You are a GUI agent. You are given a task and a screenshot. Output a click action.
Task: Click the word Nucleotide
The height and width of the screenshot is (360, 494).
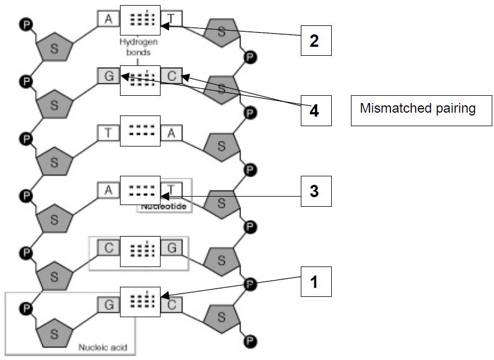tap(163, 207)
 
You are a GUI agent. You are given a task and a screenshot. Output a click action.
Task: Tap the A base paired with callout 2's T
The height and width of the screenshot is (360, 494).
tap(109, 19)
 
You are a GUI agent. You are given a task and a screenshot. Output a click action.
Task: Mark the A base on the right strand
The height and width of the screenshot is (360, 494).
tap(171, 132)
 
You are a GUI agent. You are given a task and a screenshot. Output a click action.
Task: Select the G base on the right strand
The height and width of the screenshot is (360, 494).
tap(171, 247)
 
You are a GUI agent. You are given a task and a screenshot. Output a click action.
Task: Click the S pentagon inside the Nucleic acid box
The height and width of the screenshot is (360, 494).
tap(54, 334)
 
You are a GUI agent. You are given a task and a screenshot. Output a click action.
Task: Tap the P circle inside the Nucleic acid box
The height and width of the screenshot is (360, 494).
tap(25, 308)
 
